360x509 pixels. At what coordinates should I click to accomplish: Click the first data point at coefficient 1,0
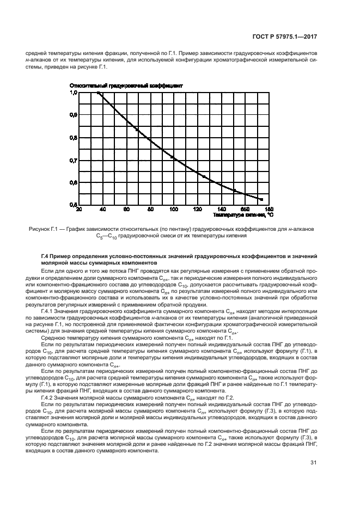coord(98,93)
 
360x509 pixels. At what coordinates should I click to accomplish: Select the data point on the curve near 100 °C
coord(173,157)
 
